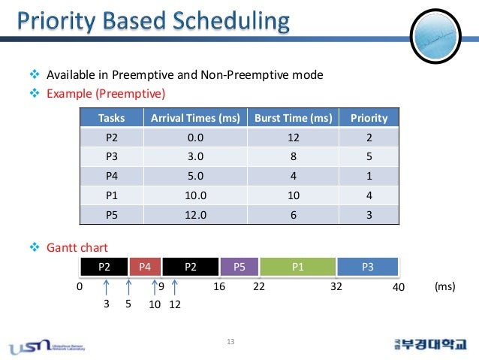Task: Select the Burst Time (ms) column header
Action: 294,118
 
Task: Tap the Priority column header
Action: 369,118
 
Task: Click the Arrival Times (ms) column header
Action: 195,118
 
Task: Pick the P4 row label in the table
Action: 111,177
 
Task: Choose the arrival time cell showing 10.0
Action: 195,196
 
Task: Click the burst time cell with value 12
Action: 294,138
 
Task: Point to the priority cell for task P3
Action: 369,158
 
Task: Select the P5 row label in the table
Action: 111,215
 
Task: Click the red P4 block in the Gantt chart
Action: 146,266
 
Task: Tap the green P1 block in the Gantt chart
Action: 297,266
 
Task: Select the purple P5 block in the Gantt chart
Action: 239,266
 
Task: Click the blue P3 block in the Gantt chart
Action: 368,266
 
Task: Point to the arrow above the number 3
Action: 107,290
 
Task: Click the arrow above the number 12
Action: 175,290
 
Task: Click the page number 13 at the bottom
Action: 230,343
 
